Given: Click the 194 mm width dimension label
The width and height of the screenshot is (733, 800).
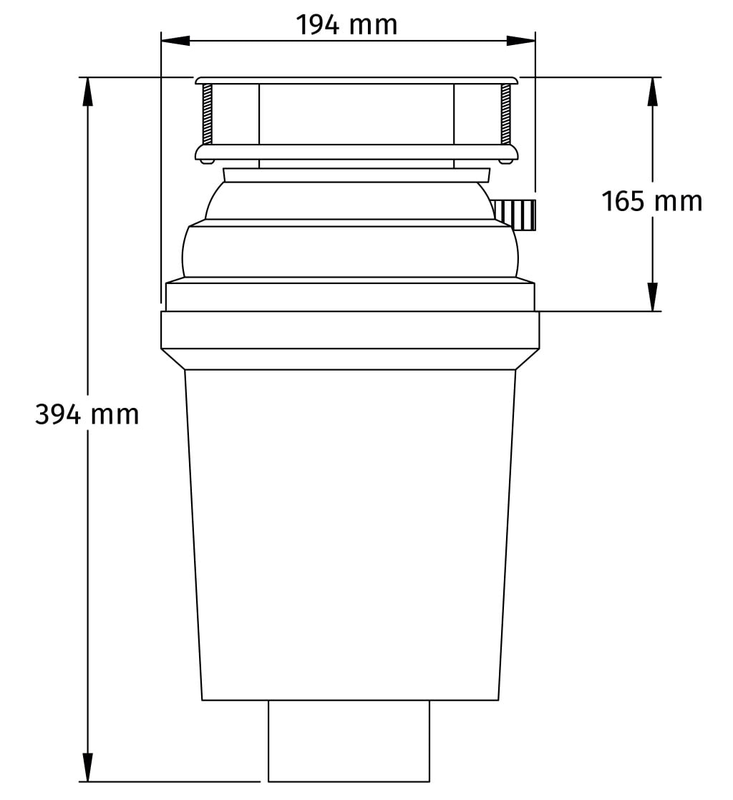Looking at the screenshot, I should (347, 26).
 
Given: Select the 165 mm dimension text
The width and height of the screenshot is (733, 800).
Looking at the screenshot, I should (651, 201).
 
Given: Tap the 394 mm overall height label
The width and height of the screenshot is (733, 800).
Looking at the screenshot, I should (87, 414).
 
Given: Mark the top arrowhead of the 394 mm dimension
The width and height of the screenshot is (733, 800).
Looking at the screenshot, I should (88, 90).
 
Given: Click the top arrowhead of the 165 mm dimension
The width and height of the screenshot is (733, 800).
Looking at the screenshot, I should (652, 90).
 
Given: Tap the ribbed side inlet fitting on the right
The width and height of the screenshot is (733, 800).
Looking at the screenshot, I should (516, 214).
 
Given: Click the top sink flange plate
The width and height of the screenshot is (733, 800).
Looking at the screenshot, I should (356, 79).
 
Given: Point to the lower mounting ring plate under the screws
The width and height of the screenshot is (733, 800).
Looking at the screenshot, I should (356, 152).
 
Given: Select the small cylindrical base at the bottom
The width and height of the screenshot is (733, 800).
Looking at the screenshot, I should (349, 741).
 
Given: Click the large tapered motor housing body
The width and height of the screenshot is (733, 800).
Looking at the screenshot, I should (350, 533).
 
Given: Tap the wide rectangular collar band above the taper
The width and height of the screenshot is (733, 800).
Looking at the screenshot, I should (350, 330).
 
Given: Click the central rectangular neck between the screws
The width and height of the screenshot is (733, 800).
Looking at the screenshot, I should (356, 114).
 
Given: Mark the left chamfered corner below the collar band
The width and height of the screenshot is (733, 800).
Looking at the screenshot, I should (174, 359).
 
